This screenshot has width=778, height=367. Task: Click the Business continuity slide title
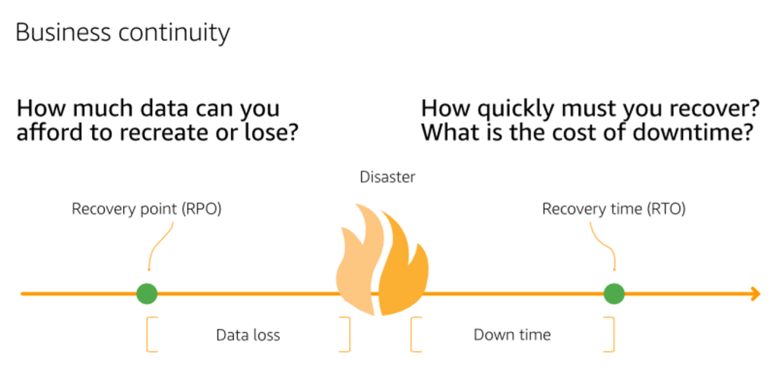(122, 33)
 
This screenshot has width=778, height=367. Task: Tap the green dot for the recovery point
(147, 293)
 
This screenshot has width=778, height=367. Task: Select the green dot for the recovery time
(614, 293)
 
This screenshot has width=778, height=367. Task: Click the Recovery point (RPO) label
(147, 208)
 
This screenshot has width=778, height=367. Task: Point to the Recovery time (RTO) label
(614, 208)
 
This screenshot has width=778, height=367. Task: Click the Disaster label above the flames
(387, 178)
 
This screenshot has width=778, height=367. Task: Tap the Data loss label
(248, 335)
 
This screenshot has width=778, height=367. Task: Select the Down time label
(512, 335)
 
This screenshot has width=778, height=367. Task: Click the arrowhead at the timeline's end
(754, 293)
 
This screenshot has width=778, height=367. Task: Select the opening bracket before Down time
(415, 335)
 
